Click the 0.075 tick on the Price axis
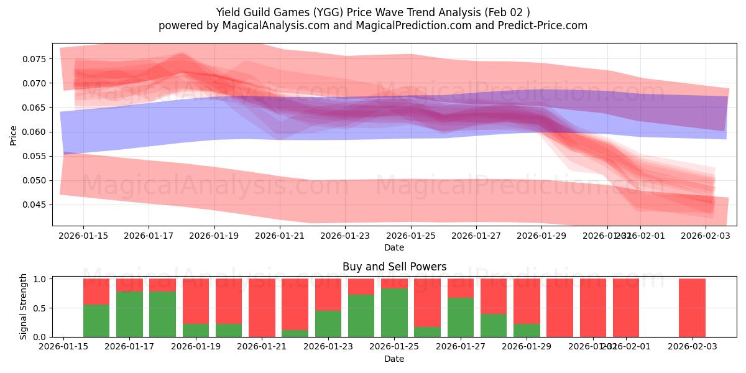(x=36, y=59)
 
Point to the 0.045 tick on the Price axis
(x=36, y=205)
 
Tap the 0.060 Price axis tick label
(x=36, y=132)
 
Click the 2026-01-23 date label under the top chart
(x=345, y=236)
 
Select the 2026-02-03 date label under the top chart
(x=705, y=236)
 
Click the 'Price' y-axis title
(x=14, y=135)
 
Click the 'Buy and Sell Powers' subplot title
(x=394, y=267)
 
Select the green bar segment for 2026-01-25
(x=394, y=313)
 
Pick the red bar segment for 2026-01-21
(x=262, y=307)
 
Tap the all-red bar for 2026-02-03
(x=692, y=307)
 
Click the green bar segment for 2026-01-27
(x=461, y=317)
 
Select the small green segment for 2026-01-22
(x=295, y=333)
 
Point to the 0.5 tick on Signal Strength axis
(x=42, y=308)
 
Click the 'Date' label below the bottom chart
(x=394, y=359)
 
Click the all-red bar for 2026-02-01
(x=626, y=307)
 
